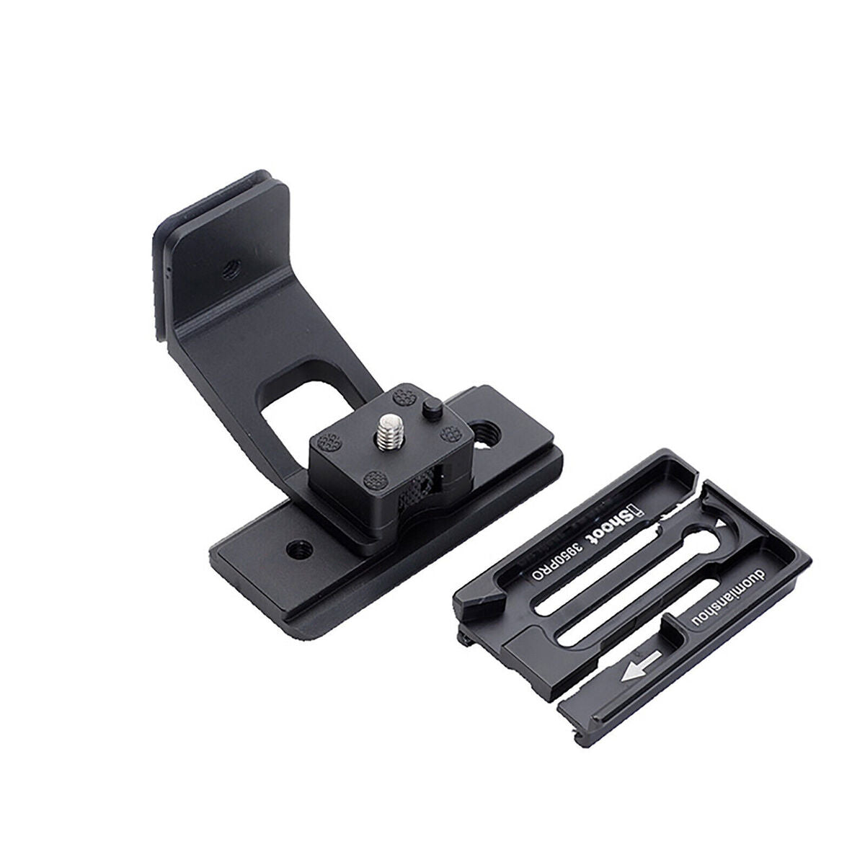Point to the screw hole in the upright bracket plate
coord(231,268)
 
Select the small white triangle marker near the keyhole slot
coord(720,523)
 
